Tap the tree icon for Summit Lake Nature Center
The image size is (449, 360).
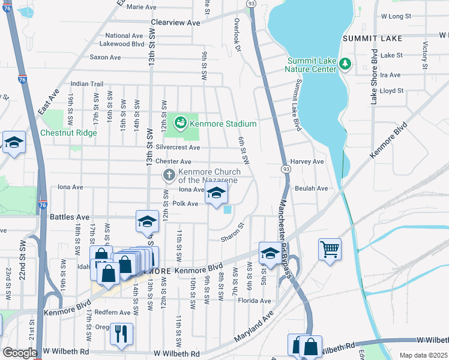click(345, 62)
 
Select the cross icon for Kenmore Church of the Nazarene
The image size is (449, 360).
click(169, 176)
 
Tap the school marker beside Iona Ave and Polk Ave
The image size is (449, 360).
click(217, 194)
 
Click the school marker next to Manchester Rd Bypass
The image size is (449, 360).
click(270, 253)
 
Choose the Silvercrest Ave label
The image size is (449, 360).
click(178, 147)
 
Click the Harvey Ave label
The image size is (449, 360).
click(307, 161)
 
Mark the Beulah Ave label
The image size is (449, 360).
click(311, 188)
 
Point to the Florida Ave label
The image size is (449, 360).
click(255, 301)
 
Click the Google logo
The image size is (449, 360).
click(20, 353)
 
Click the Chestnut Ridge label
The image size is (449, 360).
click(68, 133)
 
